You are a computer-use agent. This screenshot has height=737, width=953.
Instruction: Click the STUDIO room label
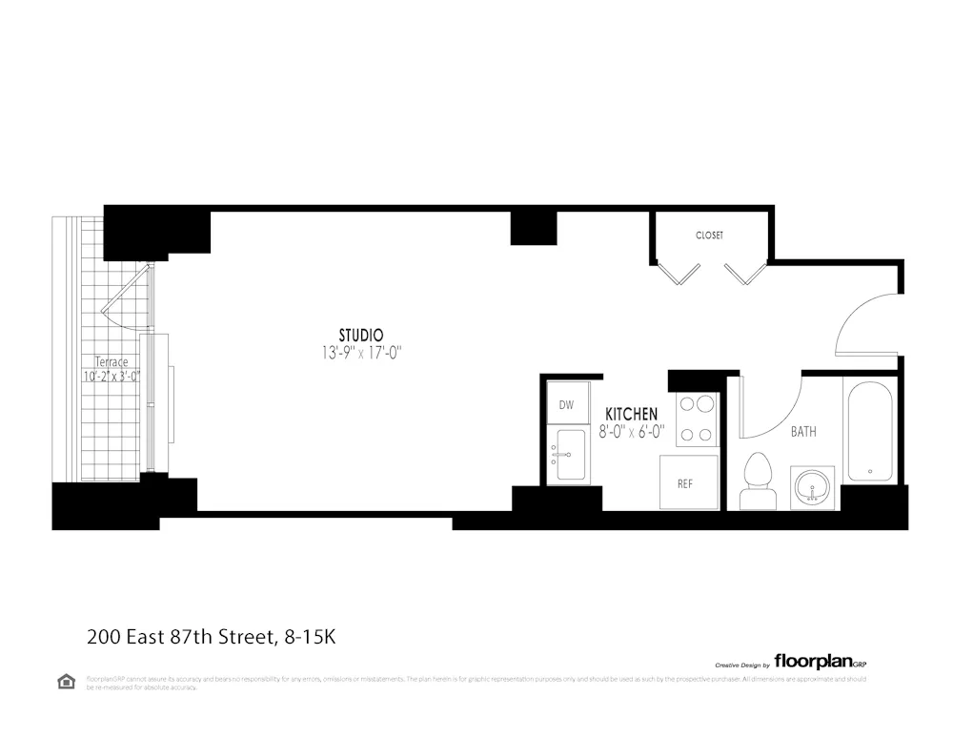click(x=361, y=336)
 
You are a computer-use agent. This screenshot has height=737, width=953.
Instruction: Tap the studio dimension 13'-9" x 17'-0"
click(x=361, y=353)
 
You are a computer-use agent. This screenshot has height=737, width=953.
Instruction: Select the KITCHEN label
click(x=631, y=414)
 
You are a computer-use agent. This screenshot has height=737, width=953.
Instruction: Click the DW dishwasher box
click(x=567, y=405)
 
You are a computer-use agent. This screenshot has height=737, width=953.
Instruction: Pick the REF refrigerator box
click(x=684, y=483)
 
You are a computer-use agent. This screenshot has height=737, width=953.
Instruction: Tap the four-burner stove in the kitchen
click(x=696, y=419)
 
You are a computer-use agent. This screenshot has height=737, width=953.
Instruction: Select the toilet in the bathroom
click(x=757, y=479)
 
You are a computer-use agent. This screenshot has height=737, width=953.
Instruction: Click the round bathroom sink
click(x=812, y=487)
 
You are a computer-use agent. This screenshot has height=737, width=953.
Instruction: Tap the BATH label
click(x=803, y=432)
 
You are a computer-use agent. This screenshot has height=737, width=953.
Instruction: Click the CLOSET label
click(x=709, y=235)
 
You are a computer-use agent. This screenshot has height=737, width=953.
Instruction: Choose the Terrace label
click(x=111, y=362)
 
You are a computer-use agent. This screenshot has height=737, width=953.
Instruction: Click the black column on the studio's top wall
click(x=533, y=227)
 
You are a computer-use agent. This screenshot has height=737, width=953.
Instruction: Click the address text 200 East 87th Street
click(x=181, y=636)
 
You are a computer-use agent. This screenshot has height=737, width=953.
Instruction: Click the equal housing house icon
click(x=66, y=681)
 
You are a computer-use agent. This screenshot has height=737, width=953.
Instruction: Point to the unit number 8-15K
click(x=310, y=636)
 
